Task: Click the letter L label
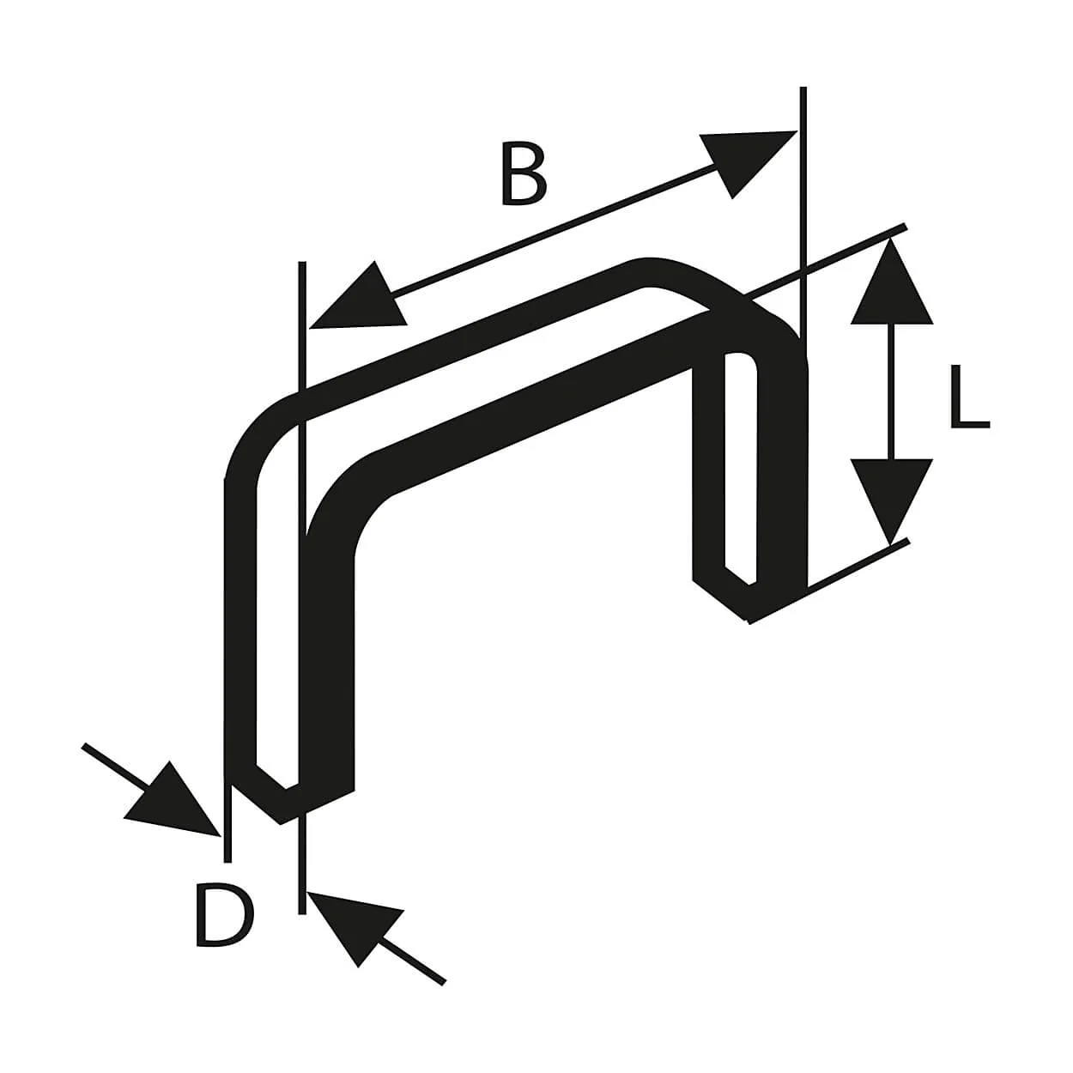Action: (970, 397)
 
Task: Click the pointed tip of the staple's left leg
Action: (282, 823)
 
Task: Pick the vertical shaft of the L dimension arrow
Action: (892, 391)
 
